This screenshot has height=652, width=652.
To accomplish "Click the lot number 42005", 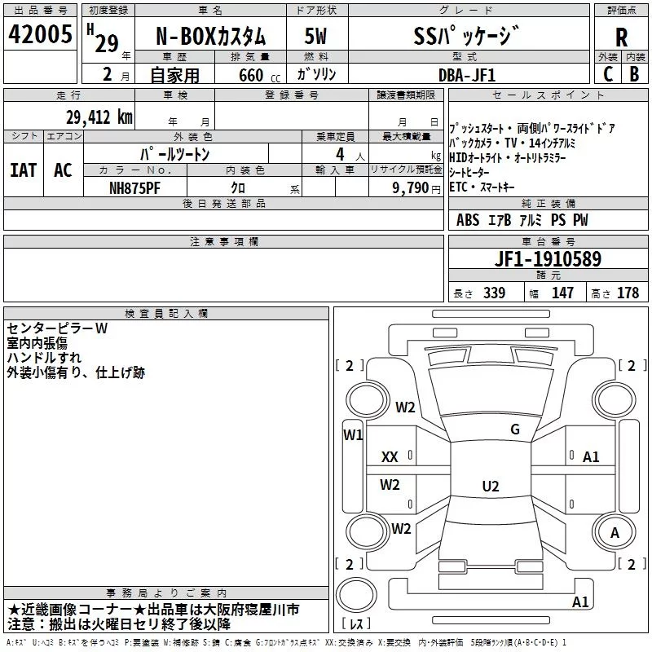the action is click(40, 34).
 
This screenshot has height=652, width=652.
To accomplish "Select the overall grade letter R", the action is click(621, 37).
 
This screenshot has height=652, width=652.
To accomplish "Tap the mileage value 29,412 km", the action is click(99, 117).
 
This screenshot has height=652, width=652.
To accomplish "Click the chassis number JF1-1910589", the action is click(548, 258).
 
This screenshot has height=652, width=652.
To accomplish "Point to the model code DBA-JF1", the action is click(467, 75).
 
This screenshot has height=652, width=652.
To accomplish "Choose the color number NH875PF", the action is click(134, 188).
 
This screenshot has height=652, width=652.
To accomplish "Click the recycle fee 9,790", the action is click(411, 188).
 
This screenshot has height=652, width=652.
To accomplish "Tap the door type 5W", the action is click(315, 36).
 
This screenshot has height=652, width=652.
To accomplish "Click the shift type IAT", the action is click(24, 170).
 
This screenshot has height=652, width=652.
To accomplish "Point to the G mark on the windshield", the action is click(515, 430).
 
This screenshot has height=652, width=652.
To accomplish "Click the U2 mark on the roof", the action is click(491, 486).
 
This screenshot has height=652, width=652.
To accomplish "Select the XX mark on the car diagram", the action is click(390, 457).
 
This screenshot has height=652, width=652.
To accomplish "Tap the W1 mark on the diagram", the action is click(353, 435).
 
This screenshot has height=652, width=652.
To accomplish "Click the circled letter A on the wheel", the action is click(615, 533).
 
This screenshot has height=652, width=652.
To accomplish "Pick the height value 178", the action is click(628, 293).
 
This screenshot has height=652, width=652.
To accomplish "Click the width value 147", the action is click(562, 293).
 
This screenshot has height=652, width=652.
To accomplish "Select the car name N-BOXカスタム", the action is click(210, 37).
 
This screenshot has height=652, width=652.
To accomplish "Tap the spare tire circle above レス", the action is click(356, 595).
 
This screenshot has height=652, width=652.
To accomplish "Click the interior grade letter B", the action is click(634, 74).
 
